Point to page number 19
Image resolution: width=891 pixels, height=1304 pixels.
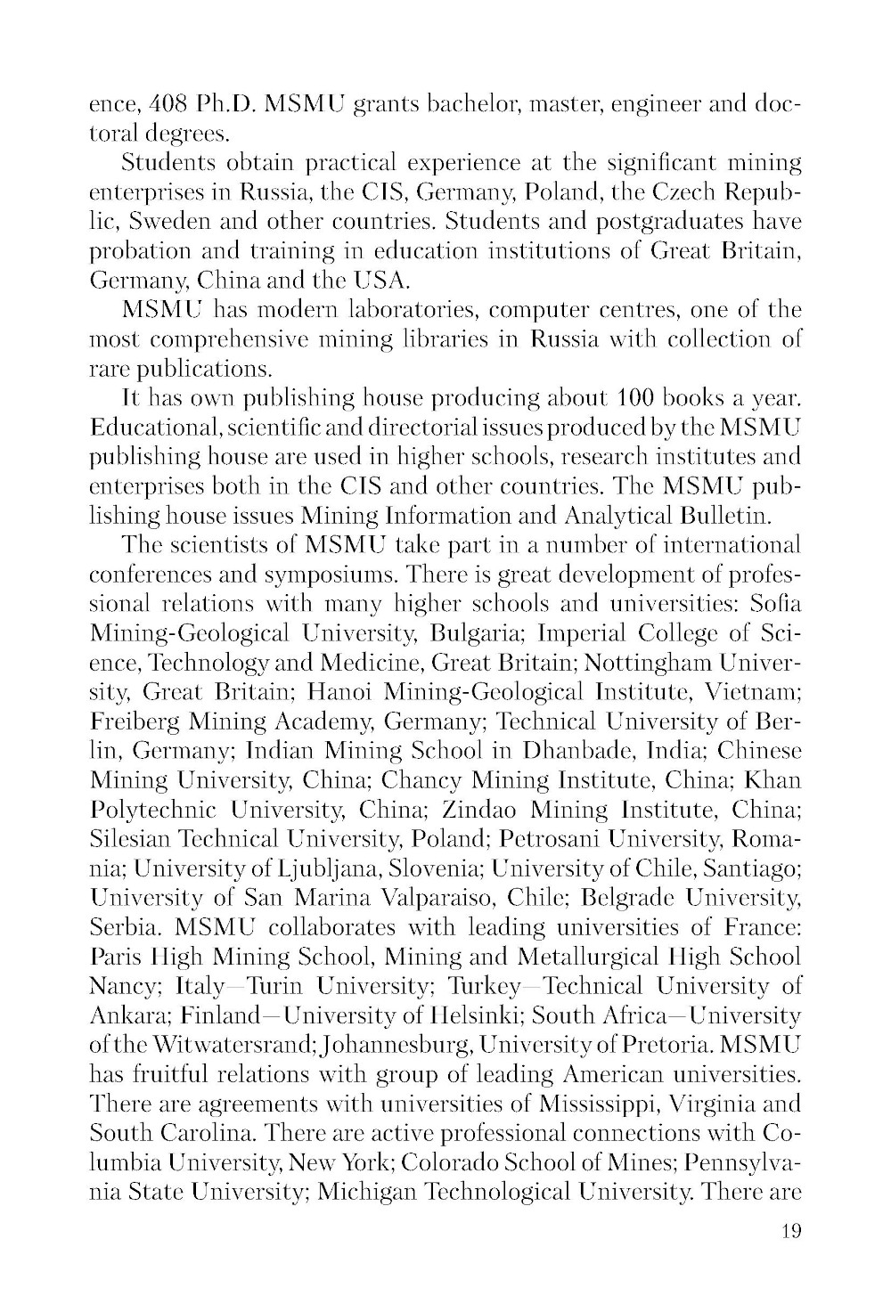pos(790,1233)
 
